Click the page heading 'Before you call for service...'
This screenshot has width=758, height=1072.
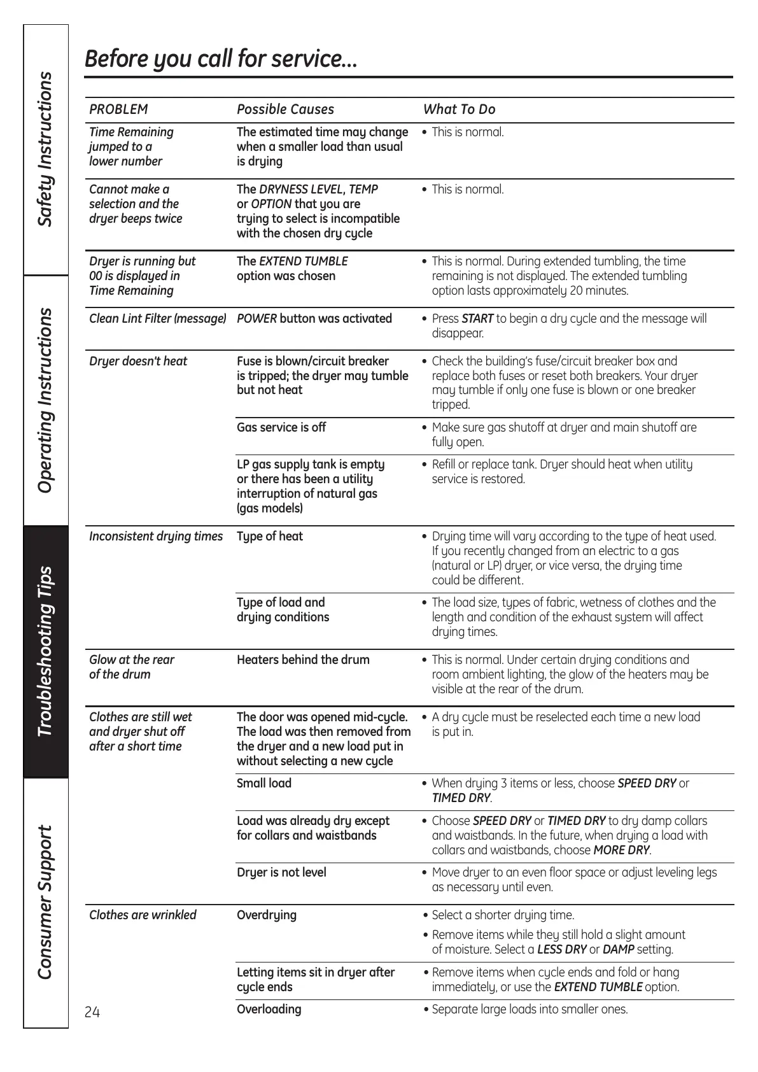coord(221,59)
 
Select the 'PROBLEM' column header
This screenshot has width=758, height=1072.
coord(118,109)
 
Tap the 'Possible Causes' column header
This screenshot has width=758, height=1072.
coord(285,109)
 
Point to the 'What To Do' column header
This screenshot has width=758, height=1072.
coord(459,109)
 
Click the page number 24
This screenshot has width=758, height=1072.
coord(92,1012)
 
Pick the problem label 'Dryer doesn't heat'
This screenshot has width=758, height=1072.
coord(138,362)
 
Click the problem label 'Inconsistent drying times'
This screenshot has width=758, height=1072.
coord(156,537)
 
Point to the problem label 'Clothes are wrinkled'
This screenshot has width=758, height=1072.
coord(143,915)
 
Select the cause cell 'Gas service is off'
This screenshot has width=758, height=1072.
coord(281,428)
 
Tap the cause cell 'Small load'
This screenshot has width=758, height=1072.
coord(264,784)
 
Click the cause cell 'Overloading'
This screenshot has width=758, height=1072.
coord(269,1010)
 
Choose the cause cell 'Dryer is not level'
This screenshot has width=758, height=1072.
coord(281,873)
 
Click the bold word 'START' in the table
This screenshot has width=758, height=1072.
coord(477,319)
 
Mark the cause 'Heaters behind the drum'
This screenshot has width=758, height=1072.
coord(303,660)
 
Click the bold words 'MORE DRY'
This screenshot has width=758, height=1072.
coord(621,850)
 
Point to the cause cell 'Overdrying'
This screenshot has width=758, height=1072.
coord(267,915)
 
